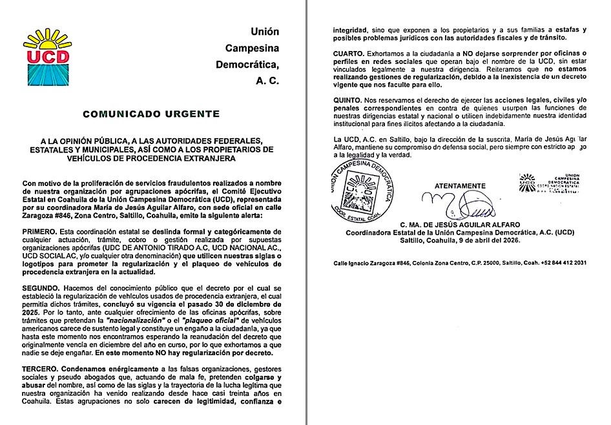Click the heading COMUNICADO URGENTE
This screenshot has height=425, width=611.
pyautogui.click(x=151, y=114)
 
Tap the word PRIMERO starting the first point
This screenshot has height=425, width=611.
pyautogui.click(x=39, y=232)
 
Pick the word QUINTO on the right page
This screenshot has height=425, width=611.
pyautogui.click(x=347, y=101)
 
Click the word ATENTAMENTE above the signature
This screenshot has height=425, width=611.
pyautogui.click(x=460, y=185)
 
